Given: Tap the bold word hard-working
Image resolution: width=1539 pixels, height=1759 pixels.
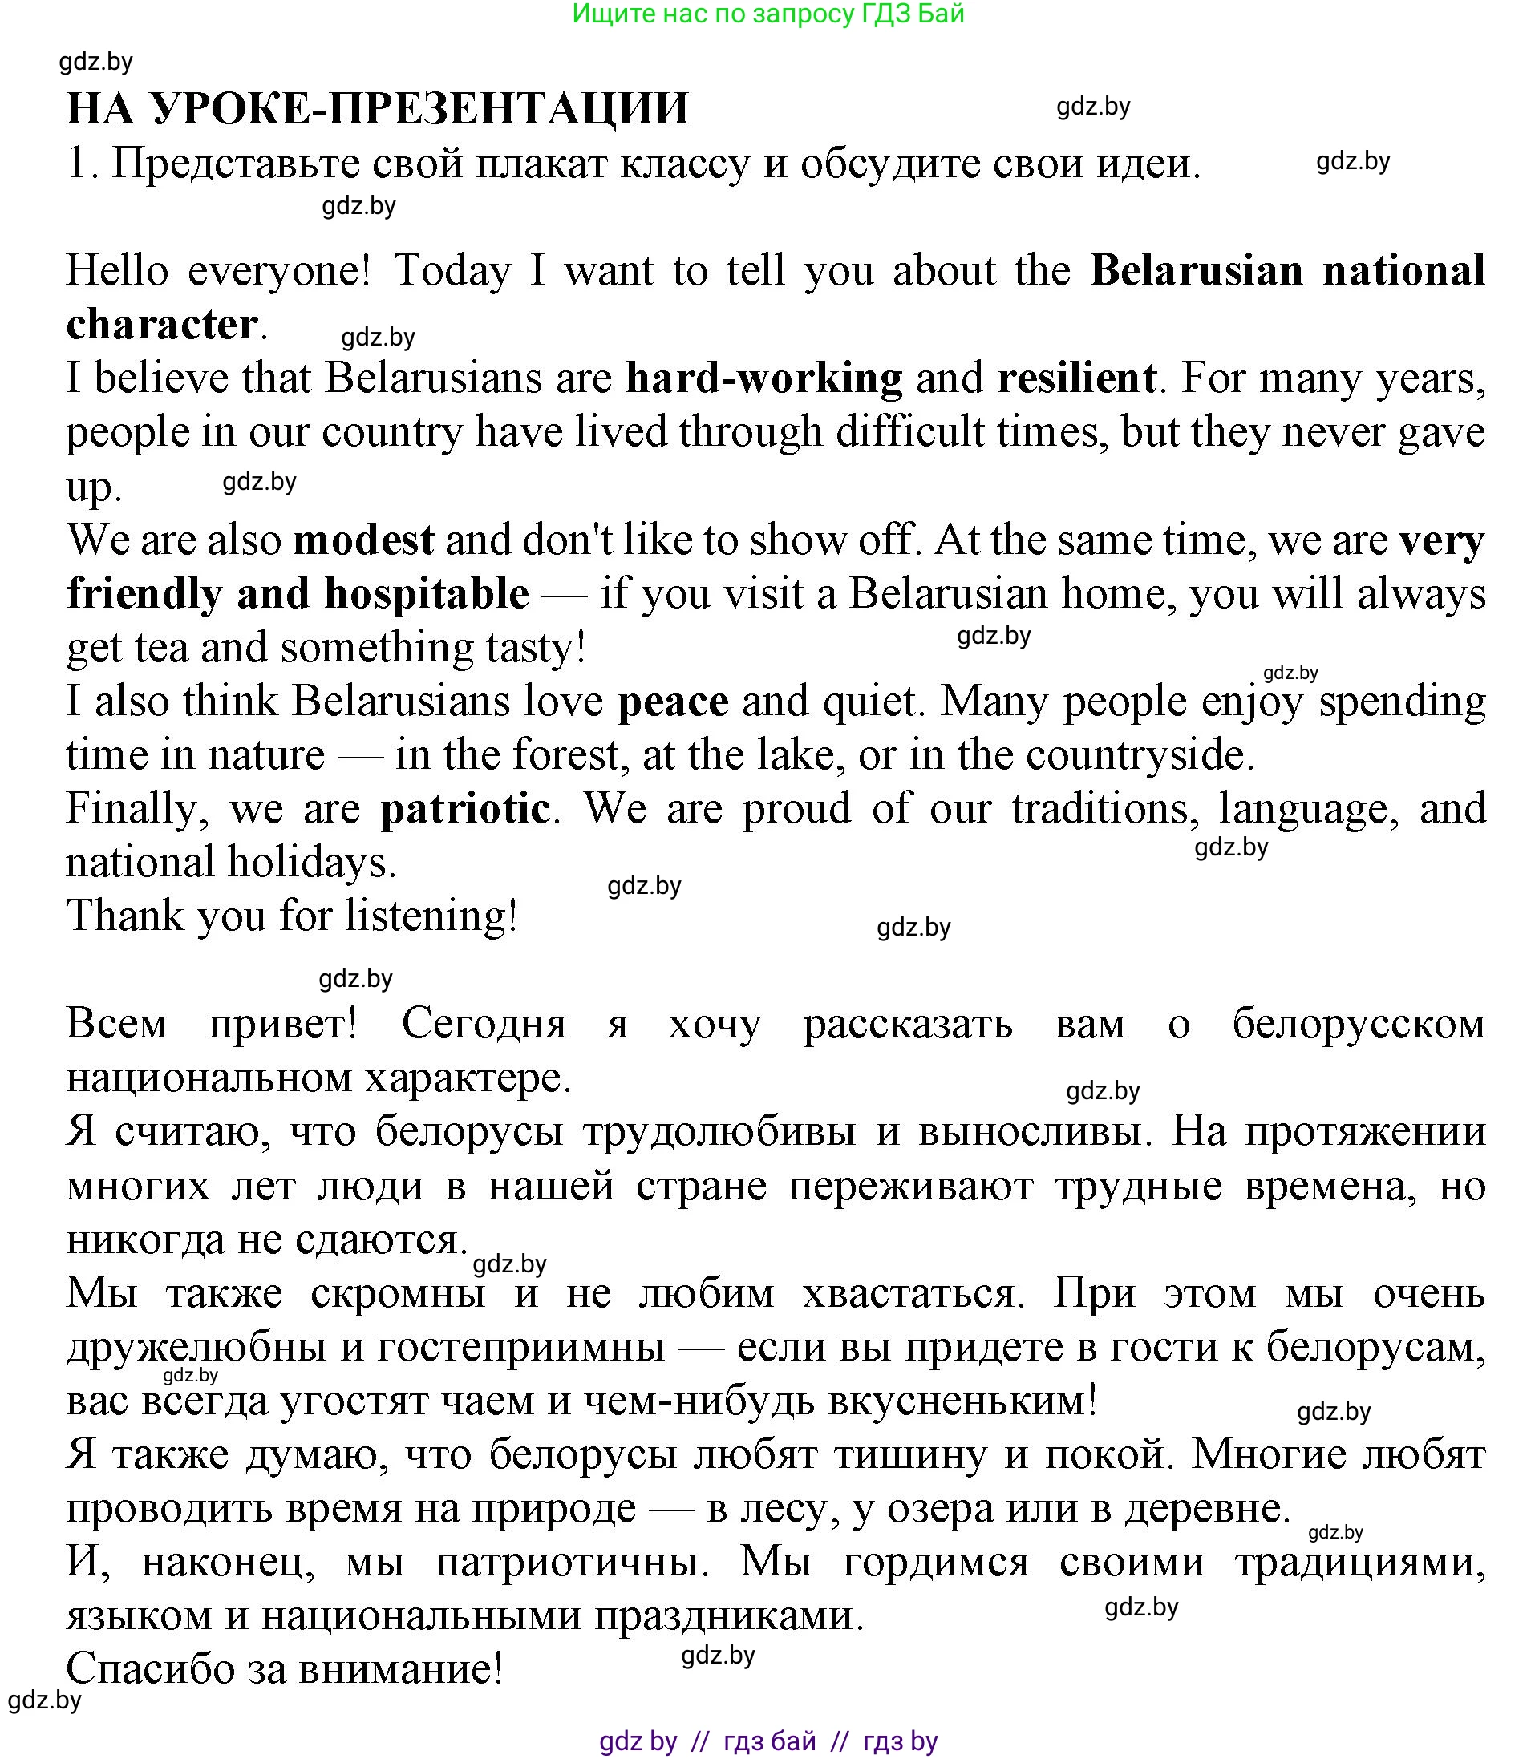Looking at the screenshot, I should click(763, 378).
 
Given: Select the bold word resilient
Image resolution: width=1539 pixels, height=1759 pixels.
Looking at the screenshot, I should click(1076, 378).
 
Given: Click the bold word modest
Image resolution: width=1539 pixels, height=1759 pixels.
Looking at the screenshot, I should click(363, 541).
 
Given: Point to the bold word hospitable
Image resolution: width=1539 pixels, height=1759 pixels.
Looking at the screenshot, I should click(427, 594).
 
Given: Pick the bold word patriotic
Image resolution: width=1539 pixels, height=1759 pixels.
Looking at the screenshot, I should click(464, 809).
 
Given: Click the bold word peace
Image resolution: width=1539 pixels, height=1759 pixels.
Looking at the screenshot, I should click(674, 702).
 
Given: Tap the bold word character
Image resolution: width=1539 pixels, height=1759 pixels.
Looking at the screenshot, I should click(161, 326).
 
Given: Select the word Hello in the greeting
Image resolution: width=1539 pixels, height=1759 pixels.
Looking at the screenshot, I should click(117, 271).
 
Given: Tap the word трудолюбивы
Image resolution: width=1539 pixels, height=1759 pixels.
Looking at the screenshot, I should click(719, 1131).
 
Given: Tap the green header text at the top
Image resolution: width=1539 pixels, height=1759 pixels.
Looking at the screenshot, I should click(767, 14).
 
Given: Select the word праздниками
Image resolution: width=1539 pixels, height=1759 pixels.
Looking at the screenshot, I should click(727, 1615).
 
